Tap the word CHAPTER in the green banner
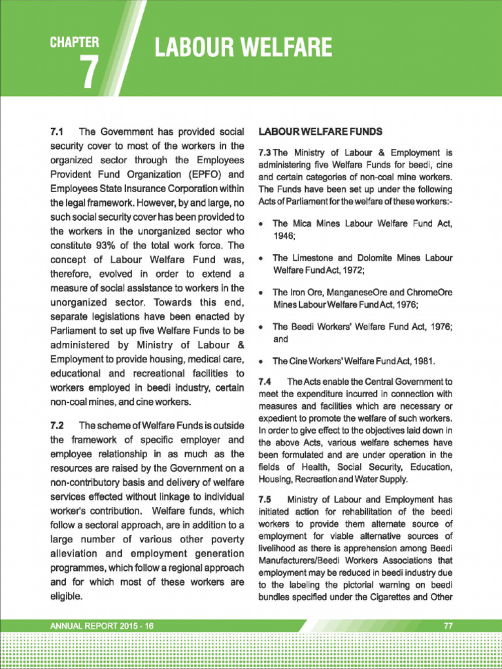coord(75,43)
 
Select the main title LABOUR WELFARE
coord(243,48)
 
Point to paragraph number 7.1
coord(59,131)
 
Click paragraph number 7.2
coord(59,425)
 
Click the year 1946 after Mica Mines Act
coord(283,237)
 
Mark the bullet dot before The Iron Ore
coord(261,293)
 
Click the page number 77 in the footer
coord(448,625)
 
